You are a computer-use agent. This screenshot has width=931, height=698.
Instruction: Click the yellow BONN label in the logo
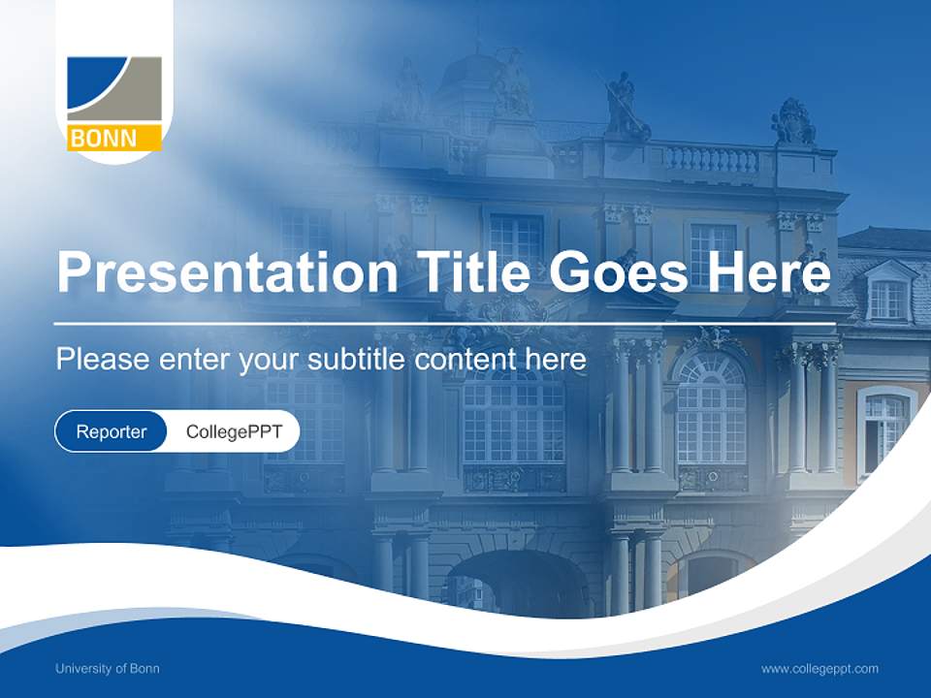point(114,139)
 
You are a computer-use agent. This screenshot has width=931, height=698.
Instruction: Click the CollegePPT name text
point(234,432)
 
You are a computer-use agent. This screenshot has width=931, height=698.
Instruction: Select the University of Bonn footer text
point(108,669)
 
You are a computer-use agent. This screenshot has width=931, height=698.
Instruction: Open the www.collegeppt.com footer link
point(819,669)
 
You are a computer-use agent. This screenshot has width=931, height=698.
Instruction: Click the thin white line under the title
point(445,323)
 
